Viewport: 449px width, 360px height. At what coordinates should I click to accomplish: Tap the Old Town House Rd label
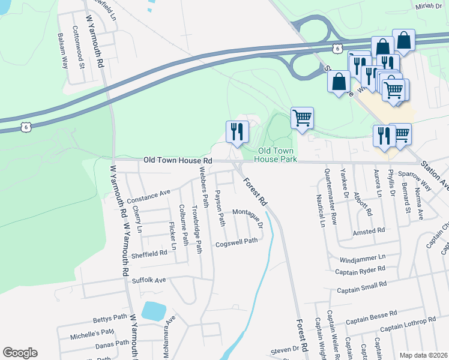178,161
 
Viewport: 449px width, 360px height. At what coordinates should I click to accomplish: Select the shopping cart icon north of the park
302,118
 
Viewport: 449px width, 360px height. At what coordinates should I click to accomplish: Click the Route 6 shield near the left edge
25,127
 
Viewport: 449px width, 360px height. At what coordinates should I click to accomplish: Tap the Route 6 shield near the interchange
339,47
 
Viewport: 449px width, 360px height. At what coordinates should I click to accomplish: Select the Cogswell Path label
237,241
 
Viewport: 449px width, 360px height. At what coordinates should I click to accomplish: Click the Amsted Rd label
369,231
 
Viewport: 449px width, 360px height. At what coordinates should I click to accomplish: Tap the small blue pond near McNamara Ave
153,311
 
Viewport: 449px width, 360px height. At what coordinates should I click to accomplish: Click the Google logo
20,353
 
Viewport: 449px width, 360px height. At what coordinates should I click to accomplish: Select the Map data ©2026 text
423,355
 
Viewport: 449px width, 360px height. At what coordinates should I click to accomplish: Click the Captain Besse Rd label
376,313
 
